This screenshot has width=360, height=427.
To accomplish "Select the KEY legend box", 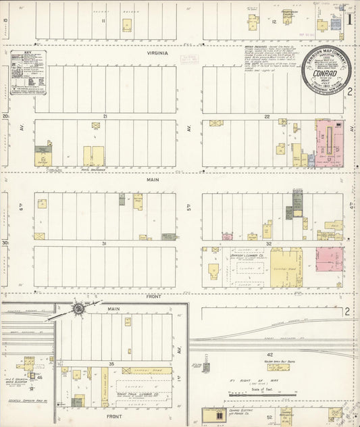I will click(x=28, y=71).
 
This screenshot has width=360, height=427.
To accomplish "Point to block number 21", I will click(x=105, y=116).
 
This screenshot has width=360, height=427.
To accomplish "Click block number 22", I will click(x=267, y=116).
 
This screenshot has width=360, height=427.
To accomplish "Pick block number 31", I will click(x=105, y=243).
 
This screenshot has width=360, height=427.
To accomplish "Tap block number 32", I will click(x=268, y=243).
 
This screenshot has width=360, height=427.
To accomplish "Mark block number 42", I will click(x=269, y=354).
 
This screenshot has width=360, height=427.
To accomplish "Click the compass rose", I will click(x=79, y=309).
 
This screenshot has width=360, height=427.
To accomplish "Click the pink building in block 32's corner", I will click(x=329, y=260).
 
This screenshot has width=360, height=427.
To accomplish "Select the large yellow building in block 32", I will click(x=286, y=268).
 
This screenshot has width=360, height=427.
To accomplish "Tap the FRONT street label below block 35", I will click(x=114, y=417).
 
